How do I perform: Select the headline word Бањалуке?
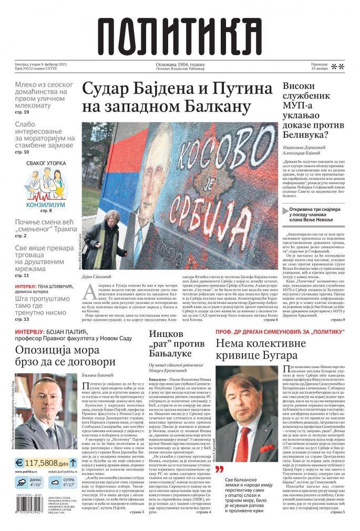[175, 361]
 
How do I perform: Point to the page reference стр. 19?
[22, 112]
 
